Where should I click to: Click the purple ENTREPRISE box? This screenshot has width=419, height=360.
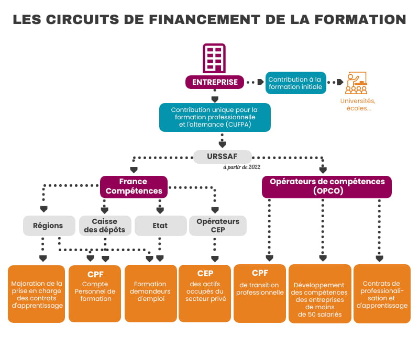[215, 82]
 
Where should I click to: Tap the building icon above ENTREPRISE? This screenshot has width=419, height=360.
[215, 58]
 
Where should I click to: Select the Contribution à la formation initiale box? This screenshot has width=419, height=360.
[295, 83]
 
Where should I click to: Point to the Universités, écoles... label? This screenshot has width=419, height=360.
[358, 105]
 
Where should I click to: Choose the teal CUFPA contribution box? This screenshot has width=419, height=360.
[215, 117]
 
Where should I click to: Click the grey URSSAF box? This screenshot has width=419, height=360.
[223, 156]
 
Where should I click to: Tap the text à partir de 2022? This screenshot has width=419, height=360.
[241, 167]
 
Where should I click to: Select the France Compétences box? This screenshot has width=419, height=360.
[134, 187]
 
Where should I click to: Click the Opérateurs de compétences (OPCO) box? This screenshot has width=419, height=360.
[327, 187]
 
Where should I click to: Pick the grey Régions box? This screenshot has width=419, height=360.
[48, 226]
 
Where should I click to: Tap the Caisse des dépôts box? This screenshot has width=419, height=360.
[105, 226]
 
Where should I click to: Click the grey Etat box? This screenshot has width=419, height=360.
[160, 226]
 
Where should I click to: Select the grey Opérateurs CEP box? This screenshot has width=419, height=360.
[217, 226]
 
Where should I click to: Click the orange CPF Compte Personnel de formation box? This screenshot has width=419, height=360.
[95, 293]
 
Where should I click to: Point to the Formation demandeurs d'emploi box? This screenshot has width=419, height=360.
[151, 293]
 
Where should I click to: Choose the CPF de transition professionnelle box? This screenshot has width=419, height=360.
[260, 293]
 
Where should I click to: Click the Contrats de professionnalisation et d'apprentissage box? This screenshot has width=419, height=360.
[382, 293]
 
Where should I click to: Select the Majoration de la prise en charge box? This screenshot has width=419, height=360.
[37, 293]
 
